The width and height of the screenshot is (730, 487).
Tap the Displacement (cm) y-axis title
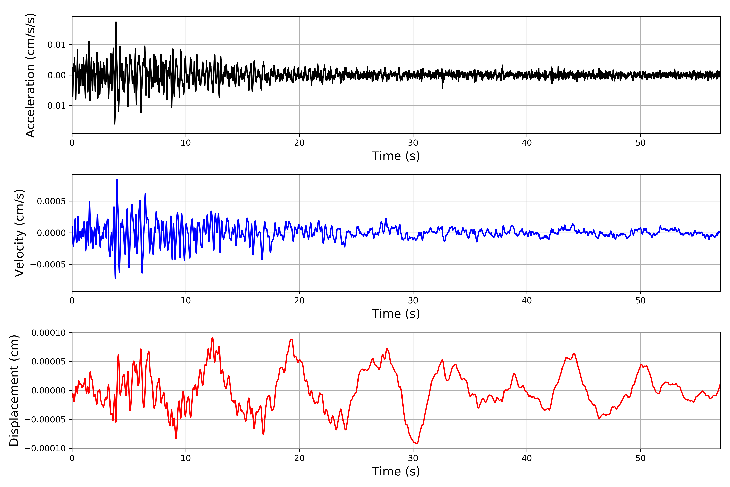tap(14, 390)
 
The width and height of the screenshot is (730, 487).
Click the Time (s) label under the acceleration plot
tap(396, 156)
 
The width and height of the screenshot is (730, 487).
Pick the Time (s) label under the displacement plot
tap(396, 471)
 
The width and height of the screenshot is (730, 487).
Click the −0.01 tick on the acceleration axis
tap(53, 106)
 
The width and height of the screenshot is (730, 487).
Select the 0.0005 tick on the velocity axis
tap(51, 201)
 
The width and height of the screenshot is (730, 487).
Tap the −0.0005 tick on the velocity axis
tap(48, 265)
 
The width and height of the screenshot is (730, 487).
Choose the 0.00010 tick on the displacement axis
tap(48, 333)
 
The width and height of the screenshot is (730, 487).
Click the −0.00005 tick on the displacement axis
tap(45, 420)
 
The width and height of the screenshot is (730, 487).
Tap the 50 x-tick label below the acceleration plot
tap(640, 143)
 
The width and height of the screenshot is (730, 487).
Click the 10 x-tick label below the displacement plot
tap(186, 458)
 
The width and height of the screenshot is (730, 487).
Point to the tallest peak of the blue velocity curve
tap(117, 180)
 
